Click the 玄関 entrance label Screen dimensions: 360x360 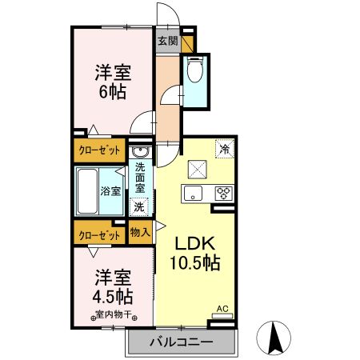(x=168, y=41)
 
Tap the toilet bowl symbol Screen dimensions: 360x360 (x=195, y=70)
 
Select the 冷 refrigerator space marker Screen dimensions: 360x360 (x=225, y=149)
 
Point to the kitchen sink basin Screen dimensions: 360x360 (x=193, y=193)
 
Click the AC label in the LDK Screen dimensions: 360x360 (x=222, y=309)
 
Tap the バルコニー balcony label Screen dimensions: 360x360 (x=182, y=342)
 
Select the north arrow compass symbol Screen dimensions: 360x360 (x=274, y=338)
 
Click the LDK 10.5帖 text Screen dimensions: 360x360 (x=195, y=253)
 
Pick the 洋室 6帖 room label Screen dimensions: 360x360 (x=113, y=82)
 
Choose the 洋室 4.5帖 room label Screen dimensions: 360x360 (x=113, y=287)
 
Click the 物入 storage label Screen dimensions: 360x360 (x=140, y=232)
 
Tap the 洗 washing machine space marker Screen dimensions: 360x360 (x=139, y=207)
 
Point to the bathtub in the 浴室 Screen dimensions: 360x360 (x=87, y=191)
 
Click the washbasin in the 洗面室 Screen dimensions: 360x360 (x=140, y=152)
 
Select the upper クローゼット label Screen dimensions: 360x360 (x=99, y=150)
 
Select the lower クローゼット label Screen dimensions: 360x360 (x=99, y=236)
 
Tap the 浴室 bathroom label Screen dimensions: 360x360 (x=110, y=191)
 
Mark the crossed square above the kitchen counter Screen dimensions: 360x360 (x=198, y=170)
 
